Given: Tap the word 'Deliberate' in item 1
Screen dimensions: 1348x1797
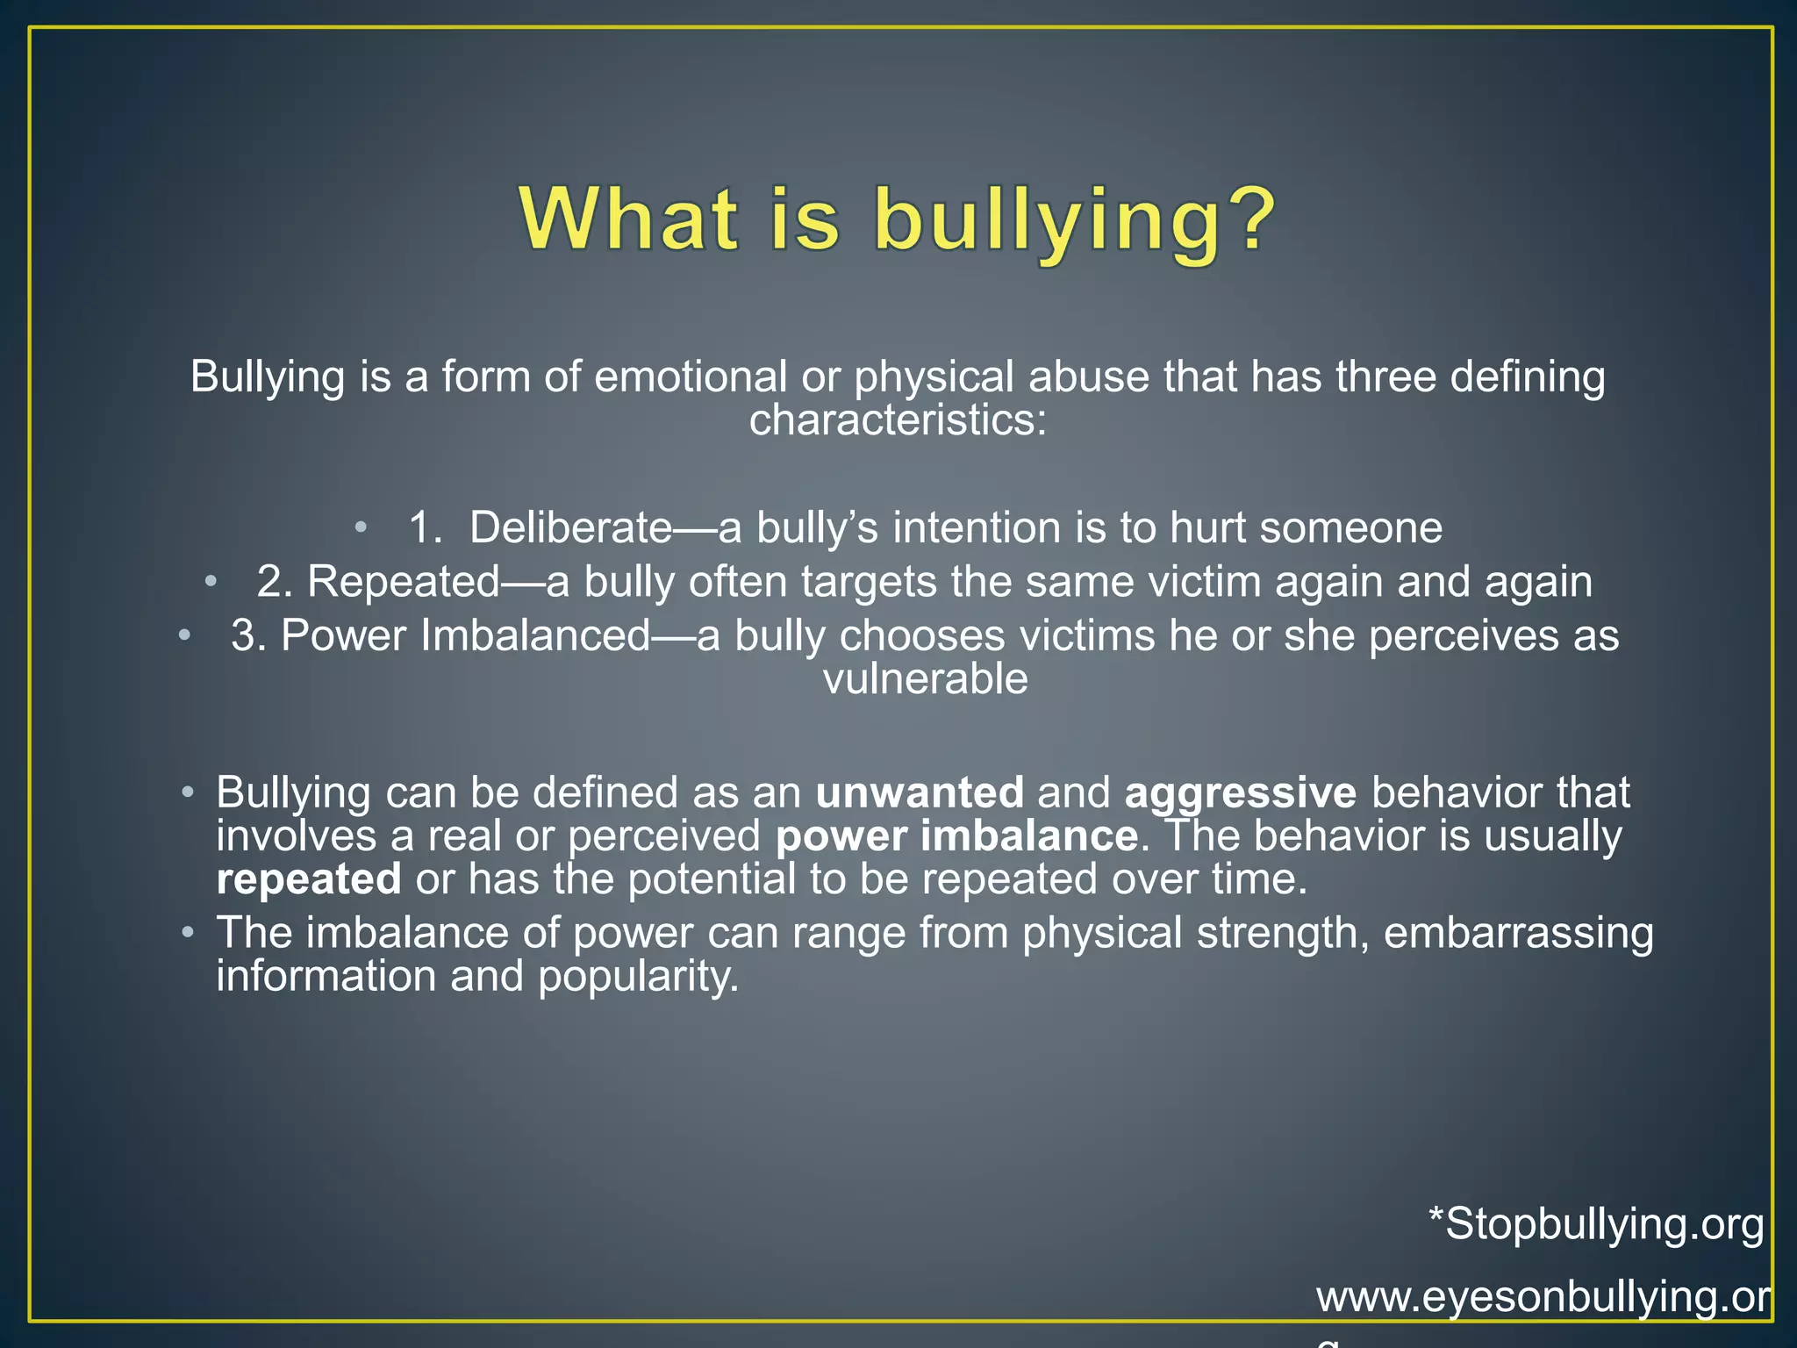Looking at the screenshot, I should [570, 527].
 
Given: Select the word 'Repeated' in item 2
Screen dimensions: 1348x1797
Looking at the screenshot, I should [403, 581].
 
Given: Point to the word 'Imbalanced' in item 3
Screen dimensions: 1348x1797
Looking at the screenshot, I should [535, 635].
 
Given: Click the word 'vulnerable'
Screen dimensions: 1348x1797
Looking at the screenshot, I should [925, 679].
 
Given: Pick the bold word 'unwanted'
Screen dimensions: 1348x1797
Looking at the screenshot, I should [920, 792].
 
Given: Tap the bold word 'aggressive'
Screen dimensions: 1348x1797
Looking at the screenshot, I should [1240, 792].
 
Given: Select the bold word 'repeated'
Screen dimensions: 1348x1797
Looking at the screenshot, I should [309, 879].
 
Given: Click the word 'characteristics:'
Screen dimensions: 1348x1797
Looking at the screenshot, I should [898, 420].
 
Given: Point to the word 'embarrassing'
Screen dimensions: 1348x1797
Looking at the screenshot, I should [1518, 932].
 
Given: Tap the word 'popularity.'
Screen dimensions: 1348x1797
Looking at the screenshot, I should [639, 976].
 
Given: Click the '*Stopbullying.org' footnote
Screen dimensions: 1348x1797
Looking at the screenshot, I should [1596, 1223].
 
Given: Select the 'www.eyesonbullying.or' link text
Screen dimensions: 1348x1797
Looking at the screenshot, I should [1543, 1297].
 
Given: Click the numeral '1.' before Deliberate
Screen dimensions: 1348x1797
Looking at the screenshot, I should [426, 527].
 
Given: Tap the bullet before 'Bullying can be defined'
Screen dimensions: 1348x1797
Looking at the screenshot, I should [188, 792].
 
